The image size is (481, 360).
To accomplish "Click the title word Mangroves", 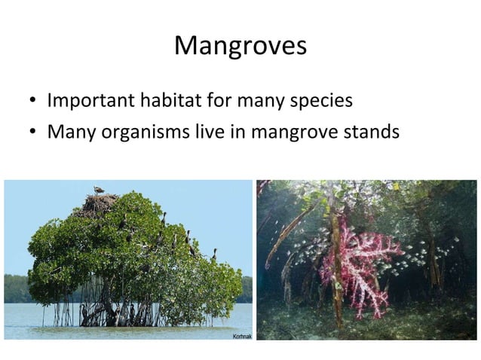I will click(240, 47).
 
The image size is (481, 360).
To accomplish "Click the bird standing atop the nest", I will click(99, 190).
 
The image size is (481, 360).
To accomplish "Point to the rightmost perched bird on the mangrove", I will click(214, 255).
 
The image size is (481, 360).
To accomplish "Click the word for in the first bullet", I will click(226, 100).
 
